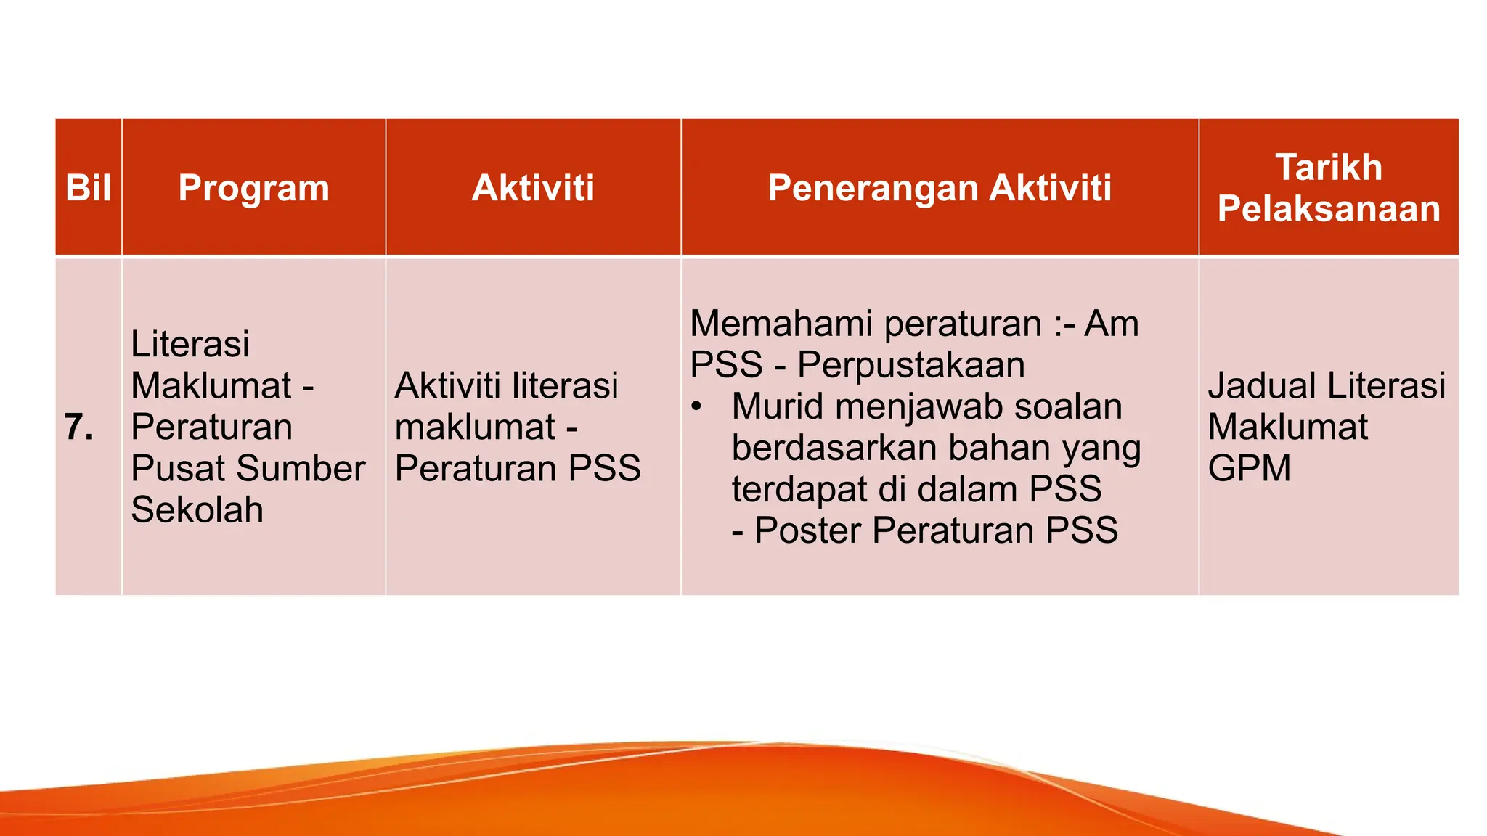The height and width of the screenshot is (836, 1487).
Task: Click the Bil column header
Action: tap(88, 188)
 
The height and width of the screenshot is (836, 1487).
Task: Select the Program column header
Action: tap(253, 188)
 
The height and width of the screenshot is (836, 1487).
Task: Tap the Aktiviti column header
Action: tap(533, 188)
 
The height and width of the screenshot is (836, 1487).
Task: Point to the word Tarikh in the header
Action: tap(1328, 168)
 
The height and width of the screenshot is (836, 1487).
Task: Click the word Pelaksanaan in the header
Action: tap(1328, 209)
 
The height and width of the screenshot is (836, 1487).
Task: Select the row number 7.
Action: tap(78, 427)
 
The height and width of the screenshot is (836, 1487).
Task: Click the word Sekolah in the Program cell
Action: tap(197, 509)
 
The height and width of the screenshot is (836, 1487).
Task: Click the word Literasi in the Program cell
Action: tap(190, 343)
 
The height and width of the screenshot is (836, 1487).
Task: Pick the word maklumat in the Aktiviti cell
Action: tap(474, 427)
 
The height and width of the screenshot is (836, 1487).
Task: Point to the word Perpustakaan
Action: tap(910, 364)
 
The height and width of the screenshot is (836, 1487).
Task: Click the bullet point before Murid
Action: tap(696, 406)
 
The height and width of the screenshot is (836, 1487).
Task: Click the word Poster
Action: tap(807, 530)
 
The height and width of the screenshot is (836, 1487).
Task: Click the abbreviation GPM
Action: tap(1249, 468)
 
